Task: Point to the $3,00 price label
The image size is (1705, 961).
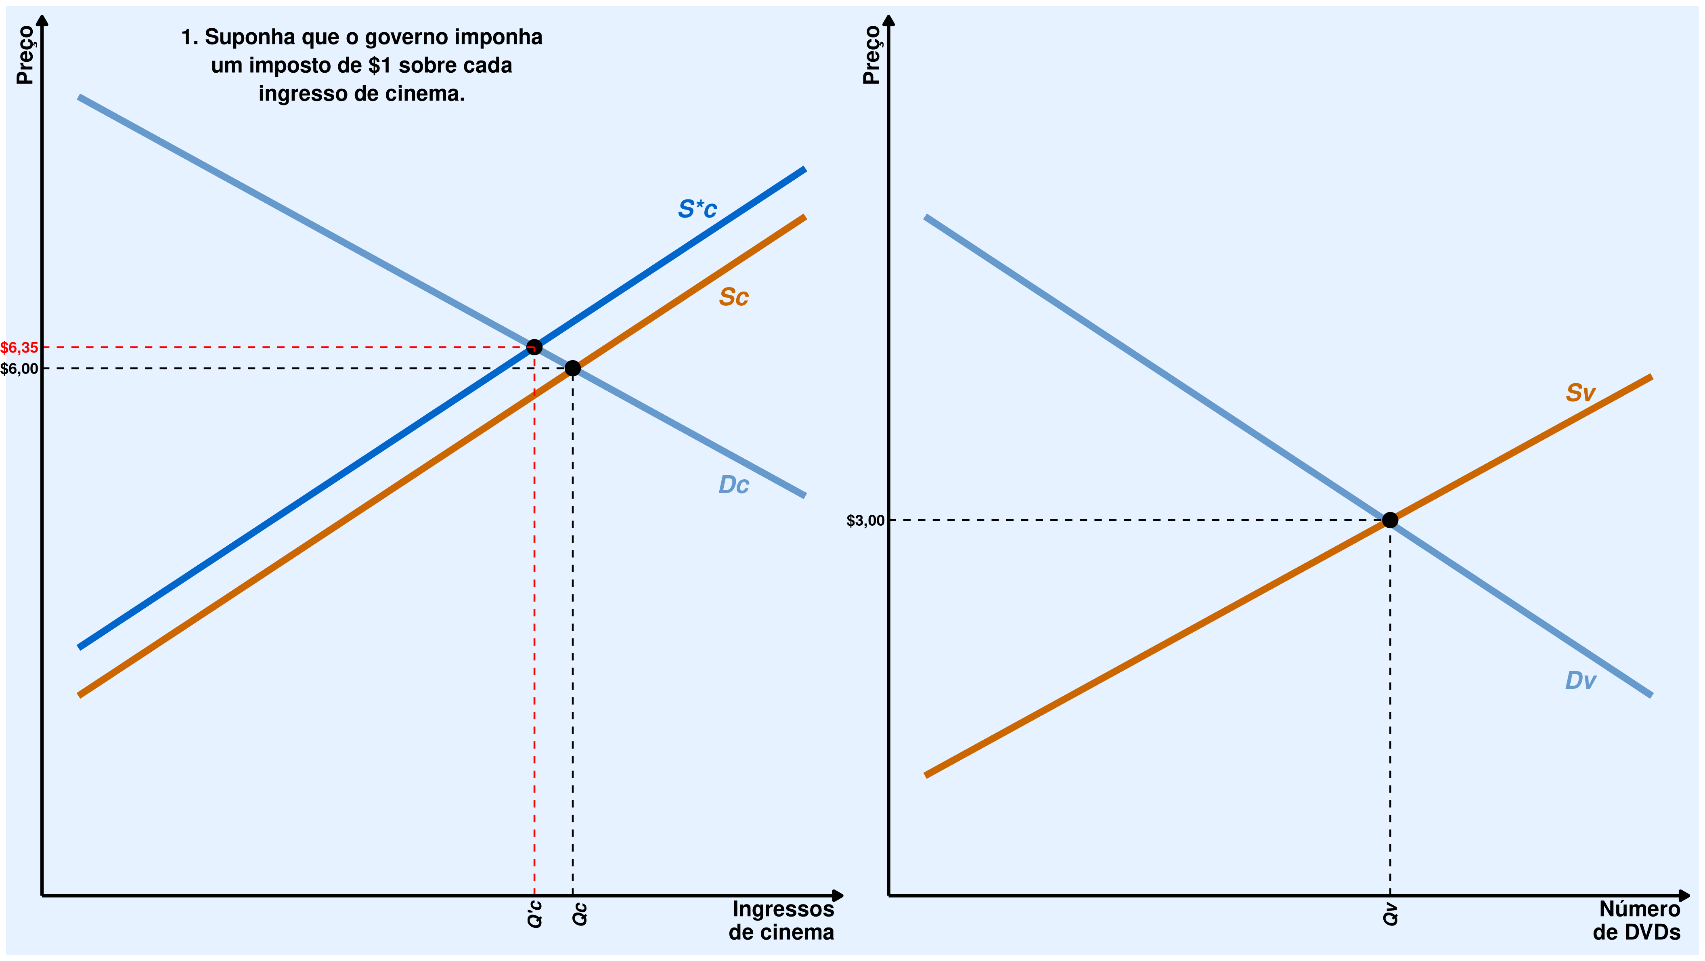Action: pyautogui.click(x=865, y=520)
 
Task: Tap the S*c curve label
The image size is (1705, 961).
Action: pyautogui.click(x=697, y=209)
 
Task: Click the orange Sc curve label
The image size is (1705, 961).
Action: pyautogui.click(x=733, y=297)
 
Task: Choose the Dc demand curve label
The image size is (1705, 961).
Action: pyautogui.click(x=733, y=485)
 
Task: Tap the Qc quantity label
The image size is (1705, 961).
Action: pyautogui.click(x=579, y=914)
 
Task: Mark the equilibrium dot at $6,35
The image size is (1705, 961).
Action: pyautogui.click(x=534, y=347)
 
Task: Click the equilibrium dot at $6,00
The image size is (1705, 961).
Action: pyautogui.click(x=572, y=368)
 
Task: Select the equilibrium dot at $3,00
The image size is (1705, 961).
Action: pyautogui.click(x=1390, y=520)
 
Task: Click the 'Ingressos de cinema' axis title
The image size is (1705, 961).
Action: pyautogui.click(x=782, y=921)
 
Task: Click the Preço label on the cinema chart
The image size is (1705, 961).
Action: pyautogui.click(x=25, y=55)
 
